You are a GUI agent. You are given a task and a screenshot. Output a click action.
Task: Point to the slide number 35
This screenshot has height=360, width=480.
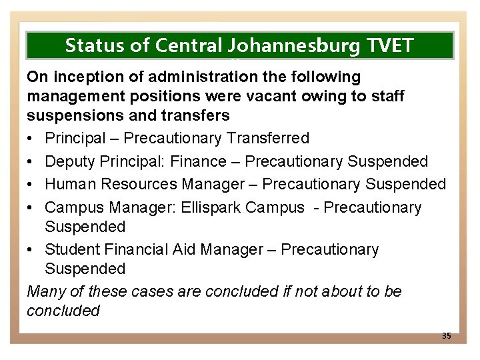[446, 335]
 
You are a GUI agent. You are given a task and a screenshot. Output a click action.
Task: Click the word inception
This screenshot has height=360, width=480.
[83, 77]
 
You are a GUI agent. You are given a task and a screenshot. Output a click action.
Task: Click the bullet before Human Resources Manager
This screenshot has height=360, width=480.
[32, 184]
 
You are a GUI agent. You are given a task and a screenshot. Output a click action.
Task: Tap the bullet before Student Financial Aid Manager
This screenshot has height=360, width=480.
[32, 250]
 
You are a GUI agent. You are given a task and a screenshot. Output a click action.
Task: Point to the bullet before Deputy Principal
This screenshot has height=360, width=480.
[32, 161]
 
